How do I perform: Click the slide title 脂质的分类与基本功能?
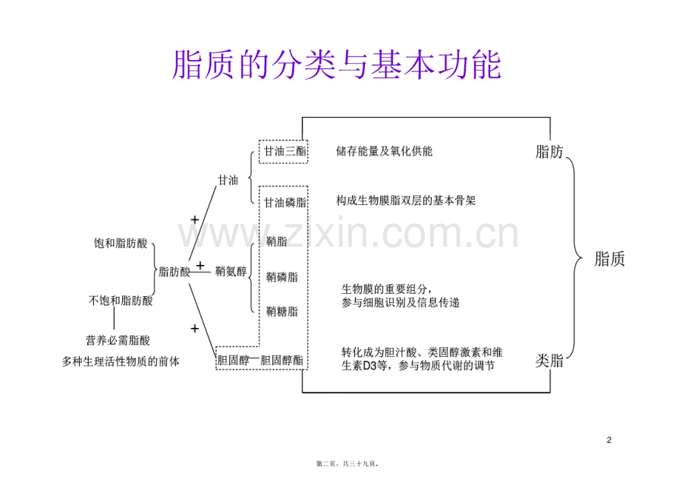click(x=337, y=65)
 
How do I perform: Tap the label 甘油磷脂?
click(x=285, y=203)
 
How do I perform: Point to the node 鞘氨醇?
click(x=231, y=271)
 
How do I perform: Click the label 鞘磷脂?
click(x=281, y=277)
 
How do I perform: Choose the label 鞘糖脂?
click(x=281, y=311)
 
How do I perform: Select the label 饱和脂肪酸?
click(x=120, y=243)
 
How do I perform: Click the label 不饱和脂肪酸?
click(x=121, y=301)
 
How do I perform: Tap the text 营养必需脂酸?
click(x=118, y=340)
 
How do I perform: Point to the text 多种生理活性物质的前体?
click(x=121, y=361)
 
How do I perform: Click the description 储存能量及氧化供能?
click(x=384, y=151)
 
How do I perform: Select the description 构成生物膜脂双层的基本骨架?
click(x=406, y=200)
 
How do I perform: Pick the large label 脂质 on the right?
click(x=609, y=259)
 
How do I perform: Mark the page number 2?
click(x=609, y=440)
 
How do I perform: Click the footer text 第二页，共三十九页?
click(x=347, y=464)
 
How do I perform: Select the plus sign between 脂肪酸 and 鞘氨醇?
click(x=200, y=266)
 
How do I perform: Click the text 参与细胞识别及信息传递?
click(x=400, y=303)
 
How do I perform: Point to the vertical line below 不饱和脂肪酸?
click(x=114, y=319)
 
